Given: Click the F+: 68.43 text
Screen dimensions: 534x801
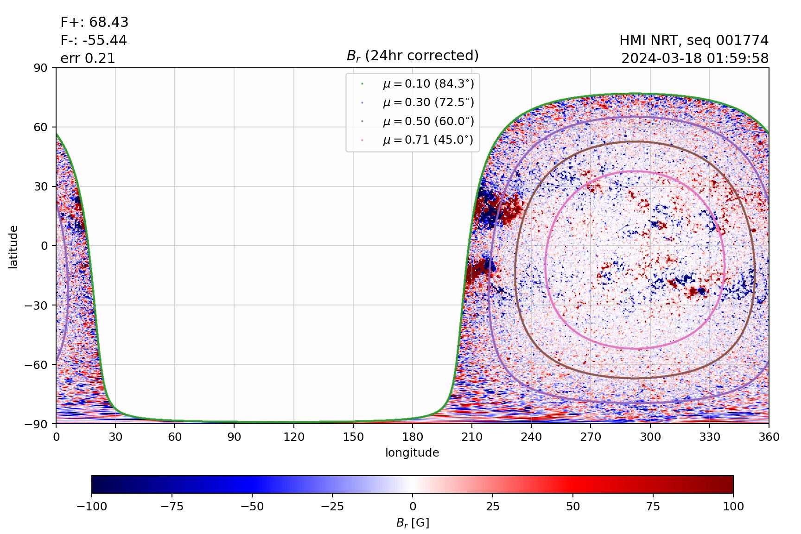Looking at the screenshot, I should [95, 22].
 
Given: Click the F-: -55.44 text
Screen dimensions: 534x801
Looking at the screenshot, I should [94, 40].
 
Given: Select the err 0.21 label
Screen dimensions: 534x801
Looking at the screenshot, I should [88, 58].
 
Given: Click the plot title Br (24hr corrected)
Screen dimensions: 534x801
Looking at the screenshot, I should [413, 56].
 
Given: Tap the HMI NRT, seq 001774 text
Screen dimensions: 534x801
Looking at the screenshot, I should [694, 40].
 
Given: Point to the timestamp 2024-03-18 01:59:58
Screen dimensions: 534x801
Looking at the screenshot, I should [695, 58].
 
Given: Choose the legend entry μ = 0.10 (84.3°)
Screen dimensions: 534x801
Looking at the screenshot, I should [428, 83].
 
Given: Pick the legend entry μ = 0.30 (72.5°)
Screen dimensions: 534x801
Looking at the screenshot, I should [428, 102].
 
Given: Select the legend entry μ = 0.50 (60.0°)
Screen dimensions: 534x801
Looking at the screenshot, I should [428, 121].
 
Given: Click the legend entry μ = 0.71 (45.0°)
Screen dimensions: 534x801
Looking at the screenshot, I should [428, 140].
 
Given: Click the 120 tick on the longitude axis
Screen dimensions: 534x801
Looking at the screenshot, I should [294, 437].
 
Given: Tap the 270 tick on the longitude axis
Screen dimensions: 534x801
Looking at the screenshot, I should [591, 437].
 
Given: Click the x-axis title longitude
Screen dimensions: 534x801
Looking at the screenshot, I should [412, 453].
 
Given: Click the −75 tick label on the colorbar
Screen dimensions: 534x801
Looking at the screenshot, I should [172, 507].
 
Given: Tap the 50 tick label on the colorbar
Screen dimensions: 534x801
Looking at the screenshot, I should [573, 507].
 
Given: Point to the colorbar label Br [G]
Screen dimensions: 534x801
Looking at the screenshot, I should [412, 523].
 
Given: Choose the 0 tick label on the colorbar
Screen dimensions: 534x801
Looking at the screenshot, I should [413, 507].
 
